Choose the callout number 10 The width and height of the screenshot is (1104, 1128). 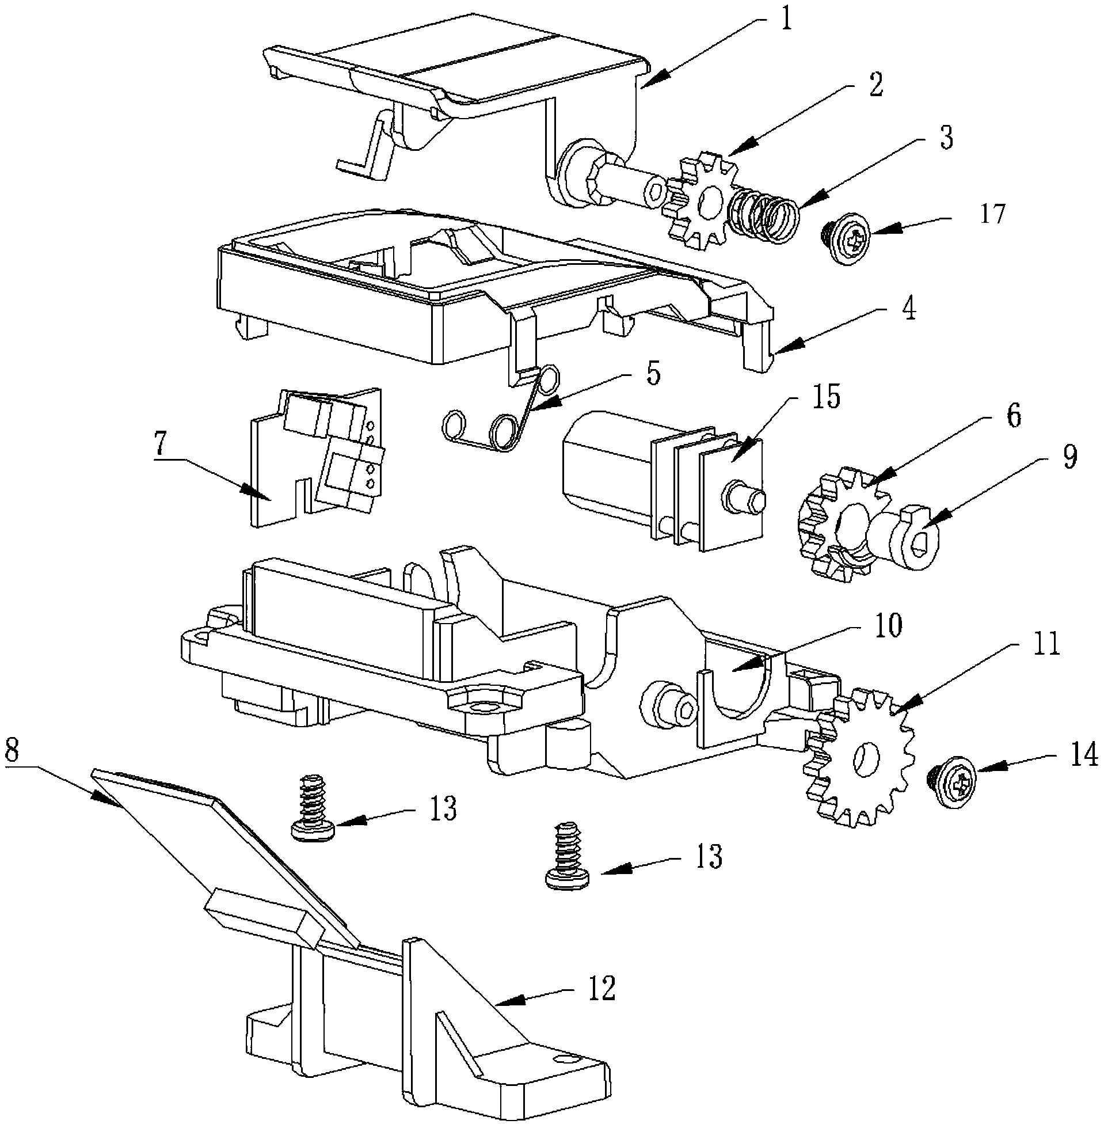[887, 626]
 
